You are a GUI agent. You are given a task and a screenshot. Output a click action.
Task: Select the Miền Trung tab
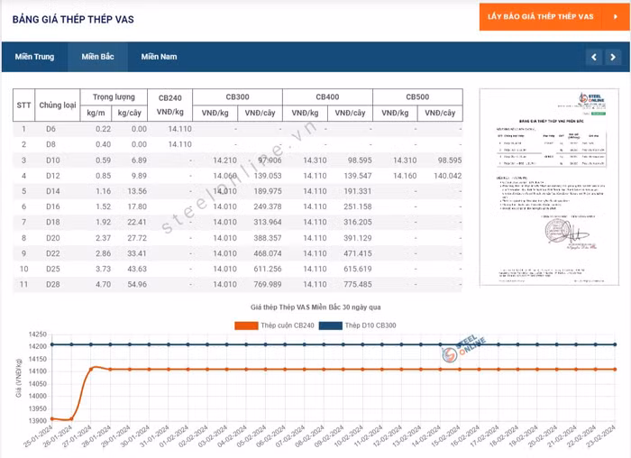[x=34, y=57]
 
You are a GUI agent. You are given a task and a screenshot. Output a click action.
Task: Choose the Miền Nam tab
[x=159, y=57]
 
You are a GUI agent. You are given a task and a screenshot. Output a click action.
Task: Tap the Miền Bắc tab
[x=97, y=57]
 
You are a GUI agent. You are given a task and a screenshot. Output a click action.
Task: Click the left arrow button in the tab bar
[x=593, y=57]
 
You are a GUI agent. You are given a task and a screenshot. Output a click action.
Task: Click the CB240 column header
[x=170, y=96]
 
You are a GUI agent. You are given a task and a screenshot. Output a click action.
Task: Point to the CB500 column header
[x=416, y=96]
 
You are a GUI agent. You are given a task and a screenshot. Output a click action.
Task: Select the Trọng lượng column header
[x=114, y=96]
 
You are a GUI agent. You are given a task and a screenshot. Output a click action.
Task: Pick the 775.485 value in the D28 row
[x=352, y=284]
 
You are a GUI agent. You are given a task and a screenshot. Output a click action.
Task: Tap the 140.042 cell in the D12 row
[x=443, y=176]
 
